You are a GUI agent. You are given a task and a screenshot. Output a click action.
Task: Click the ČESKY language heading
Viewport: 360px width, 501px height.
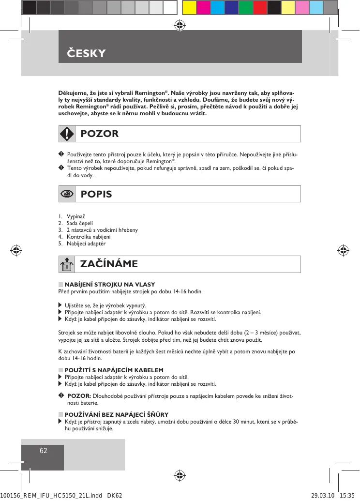click(x=86, y=53)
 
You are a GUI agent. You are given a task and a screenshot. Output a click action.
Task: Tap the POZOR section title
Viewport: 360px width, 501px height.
click(x=100, y=134)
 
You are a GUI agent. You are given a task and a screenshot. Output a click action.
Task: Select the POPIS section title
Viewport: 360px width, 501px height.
click(x=96, y=194)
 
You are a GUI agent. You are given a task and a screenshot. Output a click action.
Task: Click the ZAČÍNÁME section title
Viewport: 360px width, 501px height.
click(x=109, y=264)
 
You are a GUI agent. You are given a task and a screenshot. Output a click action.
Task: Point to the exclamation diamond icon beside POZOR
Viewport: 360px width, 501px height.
click(x=67, y=134)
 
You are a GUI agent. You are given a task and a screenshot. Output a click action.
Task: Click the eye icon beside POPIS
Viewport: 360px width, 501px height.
click(x=67, y=194)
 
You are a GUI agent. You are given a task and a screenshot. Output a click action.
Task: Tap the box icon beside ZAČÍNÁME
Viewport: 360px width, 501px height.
click(x=67, y=264)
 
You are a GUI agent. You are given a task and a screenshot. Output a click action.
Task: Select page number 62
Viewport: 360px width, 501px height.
click(x=43, y=451)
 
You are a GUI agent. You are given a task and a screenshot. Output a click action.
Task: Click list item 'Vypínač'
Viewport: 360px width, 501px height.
click(x=76, y=216)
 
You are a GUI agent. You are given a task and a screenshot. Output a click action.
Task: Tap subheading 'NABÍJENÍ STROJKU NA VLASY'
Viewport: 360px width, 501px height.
click(x=109, y=284)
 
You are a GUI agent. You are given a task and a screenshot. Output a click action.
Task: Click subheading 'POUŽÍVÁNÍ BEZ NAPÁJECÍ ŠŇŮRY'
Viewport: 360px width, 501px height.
click(x=116, y=414)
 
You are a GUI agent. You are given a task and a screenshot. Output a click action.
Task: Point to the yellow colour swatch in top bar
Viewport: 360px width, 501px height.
click(x=190, y=7)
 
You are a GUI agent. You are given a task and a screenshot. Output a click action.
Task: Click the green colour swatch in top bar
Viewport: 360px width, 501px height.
click(x=246, y=7)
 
